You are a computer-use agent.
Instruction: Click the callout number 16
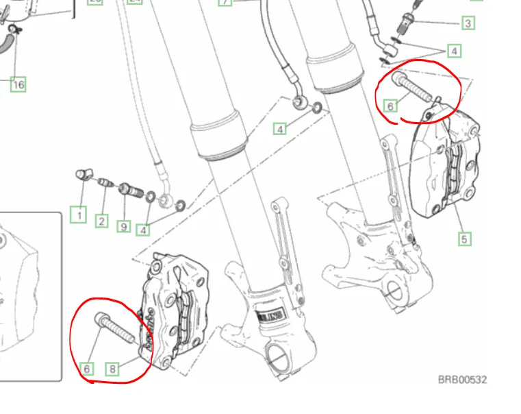[x=18, y=84]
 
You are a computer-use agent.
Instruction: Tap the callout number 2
[x=101, y=221]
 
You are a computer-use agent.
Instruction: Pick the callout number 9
[x=123, y=225]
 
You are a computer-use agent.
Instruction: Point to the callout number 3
[x=468, y=23]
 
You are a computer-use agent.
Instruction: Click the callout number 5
[x=464, y=239]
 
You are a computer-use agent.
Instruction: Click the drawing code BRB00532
[x=462, y=379]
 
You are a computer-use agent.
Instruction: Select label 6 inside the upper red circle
[x=390, y=106]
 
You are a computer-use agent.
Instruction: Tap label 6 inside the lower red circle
[x=87, y=369]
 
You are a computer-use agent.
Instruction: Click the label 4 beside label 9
[x=143, y=230]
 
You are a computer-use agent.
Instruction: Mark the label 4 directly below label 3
[x=454, y=51]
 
